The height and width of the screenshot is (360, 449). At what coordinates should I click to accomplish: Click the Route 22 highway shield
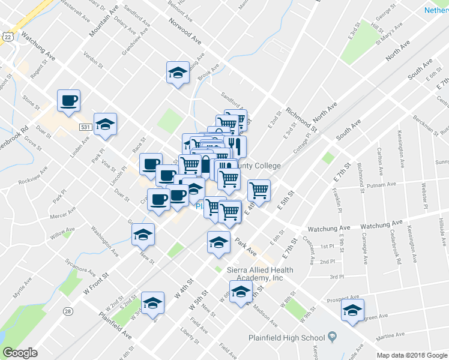click(x=7, y=37)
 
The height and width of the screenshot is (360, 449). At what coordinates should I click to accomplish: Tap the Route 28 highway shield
click(x=68, y=311)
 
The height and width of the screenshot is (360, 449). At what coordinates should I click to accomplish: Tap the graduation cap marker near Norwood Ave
click(x=178, y=73)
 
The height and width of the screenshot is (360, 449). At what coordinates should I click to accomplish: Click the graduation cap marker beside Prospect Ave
click(x=352, y=310)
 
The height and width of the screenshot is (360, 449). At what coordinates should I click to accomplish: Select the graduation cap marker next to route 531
click(x=105, y=124)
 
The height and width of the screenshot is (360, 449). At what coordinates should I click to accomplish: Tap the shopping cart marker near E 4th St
click(x=259, y=190)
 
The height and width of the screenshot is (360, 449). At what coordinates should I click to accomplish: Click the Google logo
click(x=20, y=353)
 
